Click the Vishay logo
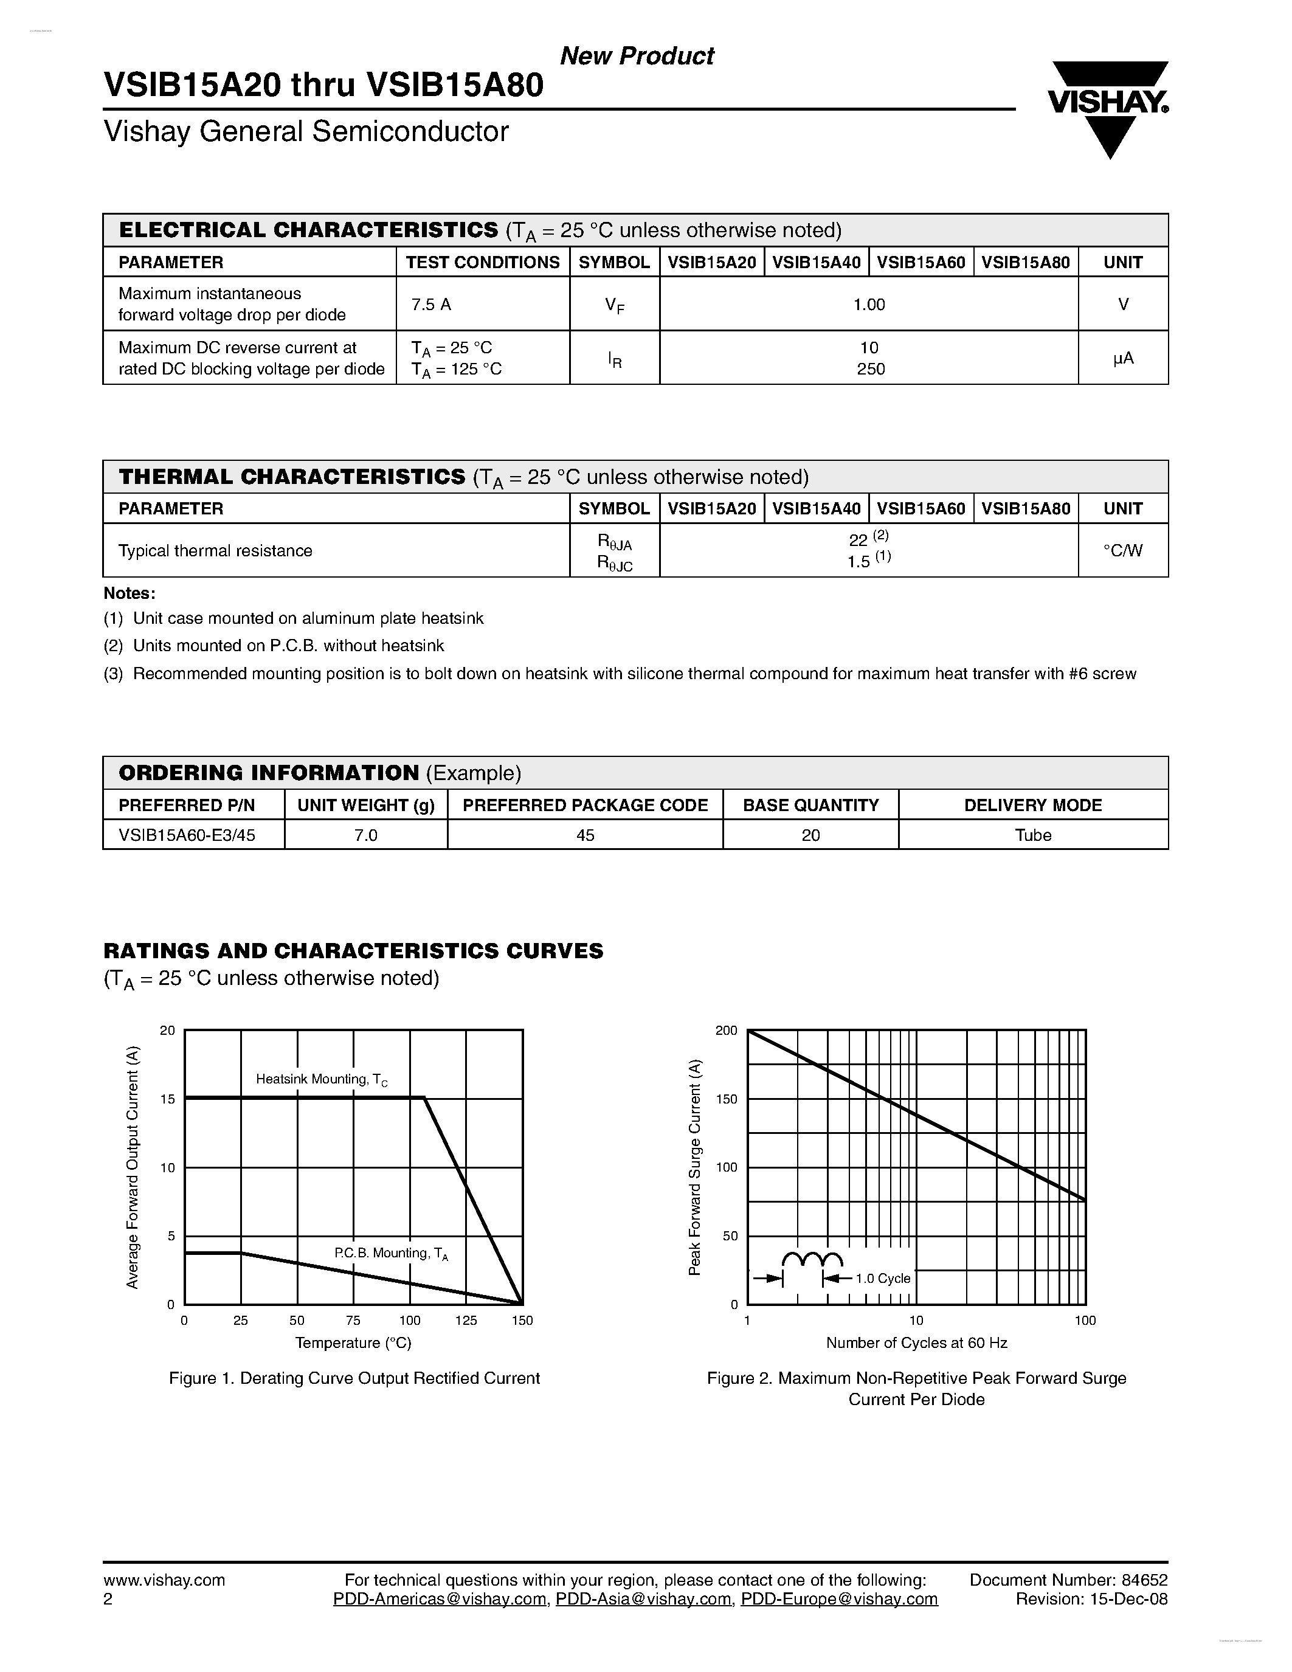pyautogui.click(x=1108, y=107)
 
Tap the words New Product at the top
pyautogui.click(x=637, y=56)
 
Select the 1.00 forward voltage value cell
pyautogui.click(x=869, y=305)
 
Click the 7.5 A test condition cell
pyautogui.click(x=431, y=305)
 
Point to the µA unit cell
pyautogui.click(x=1122, y=358)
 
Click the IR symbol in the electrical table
pyautogui.click(x=615, y=359)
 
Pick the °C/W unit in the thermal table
pyautogui.click(x=1122, y=550)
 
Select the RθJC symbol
pyautogui.click(x=615, y=564)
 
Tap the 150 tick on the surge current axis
pyautogui.click(x=727, y=1099)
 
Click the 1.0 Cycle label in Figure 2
pyautogui.click(x=882, y=1279)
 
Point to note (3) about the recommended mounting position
pyautogui.click(x=620, y=674)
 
